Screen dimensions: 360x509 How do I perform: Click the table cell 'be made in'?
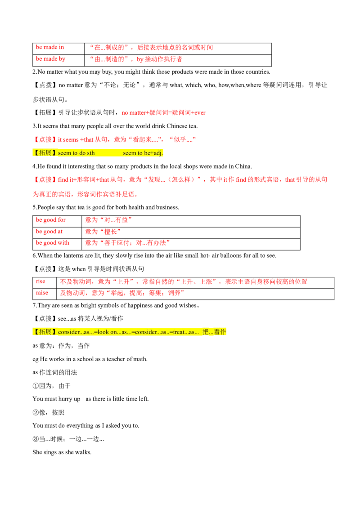pos(58,49)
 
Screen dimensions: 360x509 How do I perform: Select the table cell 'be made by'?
pos(58,60)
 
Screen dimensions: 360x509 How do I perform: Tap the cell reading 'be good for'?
pos(57,221)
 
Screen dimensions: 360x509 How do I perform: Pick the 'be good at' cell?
pos(57,233)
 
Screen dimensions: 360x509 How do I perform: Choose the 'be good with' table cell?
pos(57,244)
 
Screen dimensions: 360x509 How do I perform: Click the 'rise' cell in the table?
pos(45,282)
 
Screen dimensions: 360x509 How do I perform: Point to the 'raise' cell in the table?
pos(45,294)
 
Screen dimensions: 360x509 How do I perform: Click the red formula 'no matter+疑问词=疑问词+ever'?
pos(163,113)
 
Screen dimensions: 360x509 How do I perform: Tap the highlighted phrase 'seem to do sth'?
pos(76,153)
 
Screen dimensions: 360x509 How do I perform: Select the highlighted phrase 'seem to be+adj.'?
pos(143,153)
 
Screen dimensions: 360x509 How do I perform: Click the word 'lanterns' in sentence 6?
pos(73,255)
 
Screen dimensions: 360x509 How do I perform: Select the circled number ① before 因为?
pos(36,386)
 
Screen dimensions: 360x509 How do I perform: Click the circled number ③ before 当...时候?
pos(36,439)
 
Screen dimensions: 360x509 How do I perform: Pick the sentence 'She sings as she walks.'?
pos(62,452)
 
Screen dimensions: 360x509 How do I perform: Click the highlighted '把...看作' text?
pos(214,332)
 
